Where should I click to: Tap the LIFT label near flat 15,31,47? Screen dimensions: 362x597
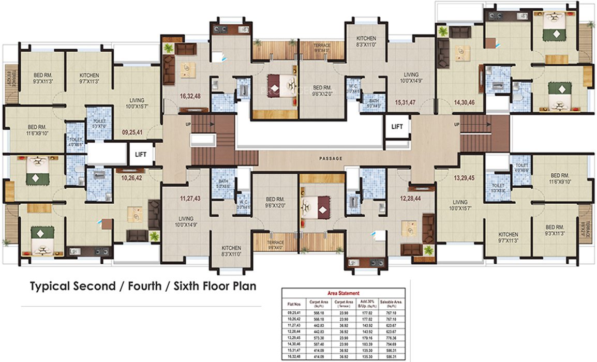(397, 126)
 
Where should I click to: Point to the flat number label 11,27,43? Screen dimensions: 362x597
(190, 199)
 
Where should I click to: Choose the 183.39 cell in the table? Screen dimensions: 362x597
(367, 343)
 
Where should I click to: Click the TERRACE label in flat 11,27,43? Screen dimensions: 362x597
(275, 243)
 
